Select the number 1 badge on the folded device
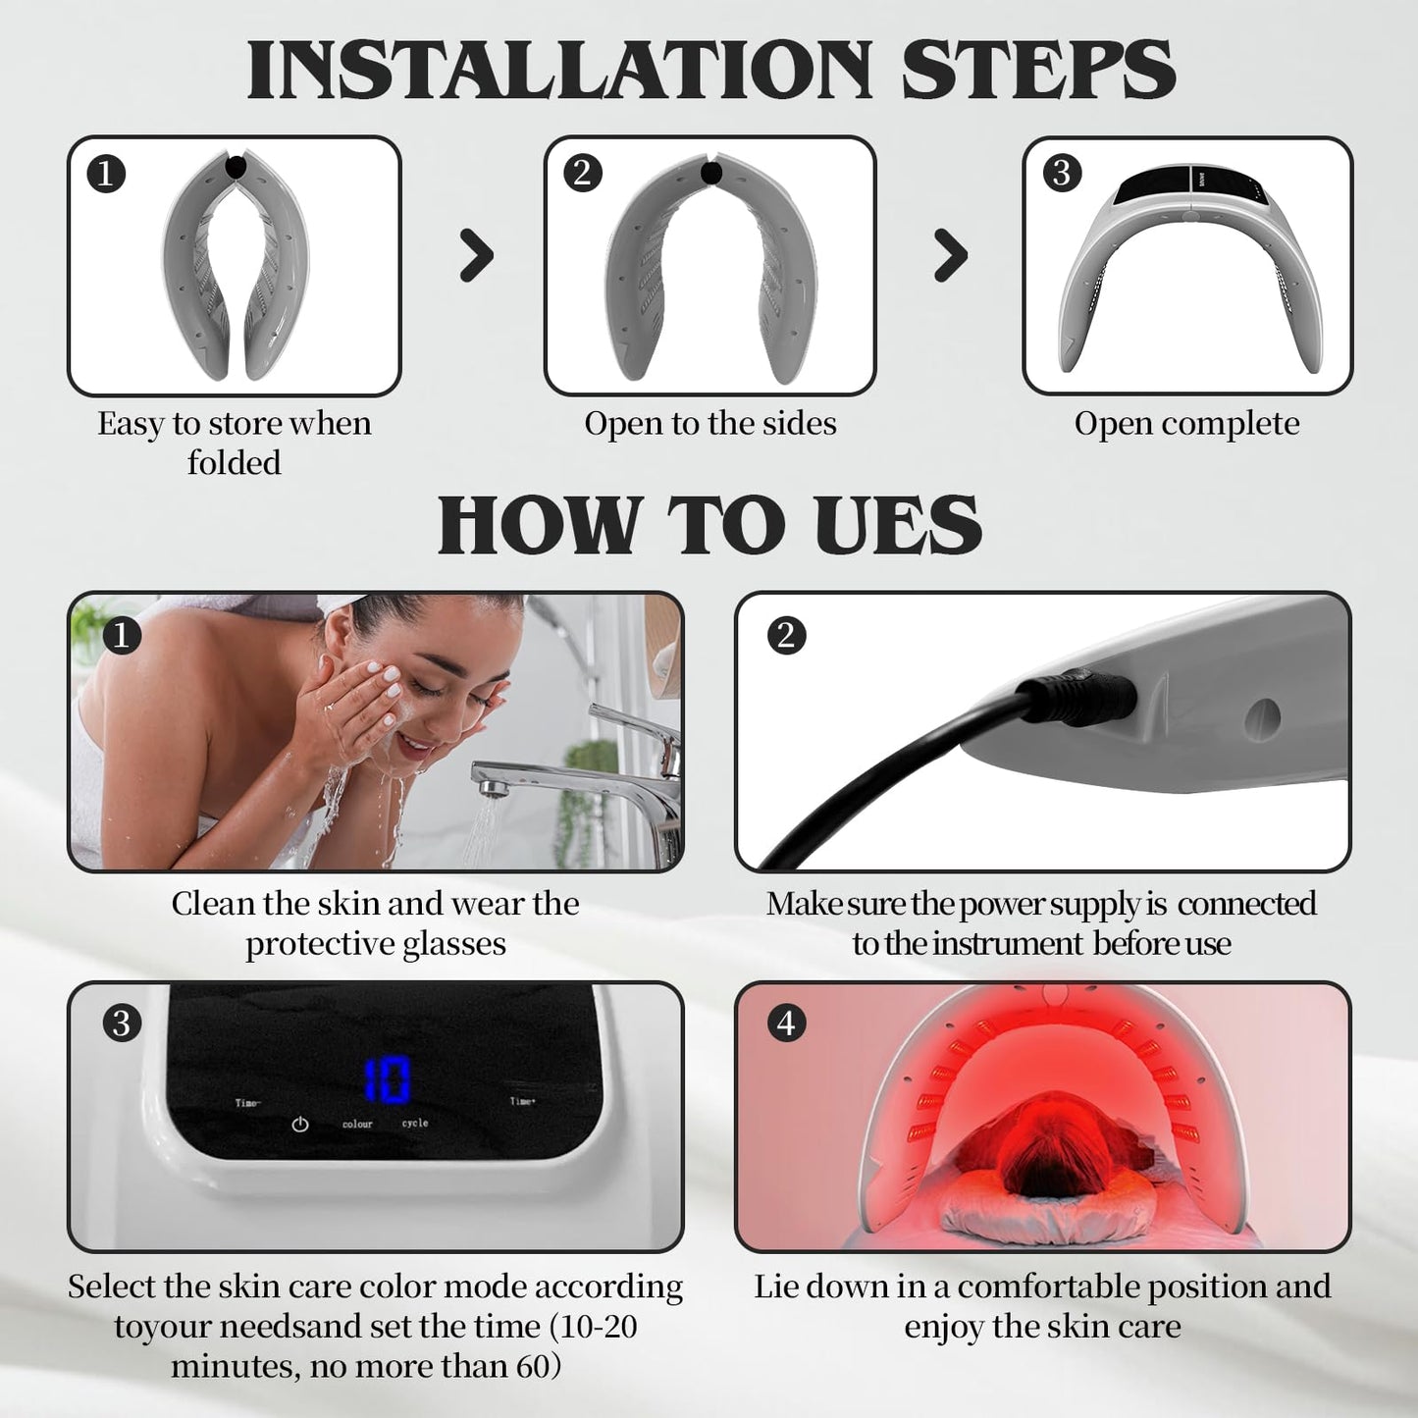106,174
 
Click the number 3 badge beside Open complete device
1061,173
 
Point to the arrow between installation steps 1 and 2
476,256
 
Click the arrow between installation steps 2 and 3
950,256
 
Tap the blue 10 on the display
387,1080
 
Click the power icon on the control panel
300,1125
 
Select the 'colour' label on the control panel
357,1124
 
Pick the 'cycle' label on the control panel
415,1123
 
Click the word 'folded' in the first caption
234,463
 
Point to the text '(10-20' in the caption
593,1327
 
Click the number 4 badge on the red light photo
785,1023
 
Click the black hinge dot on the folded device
236,166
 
